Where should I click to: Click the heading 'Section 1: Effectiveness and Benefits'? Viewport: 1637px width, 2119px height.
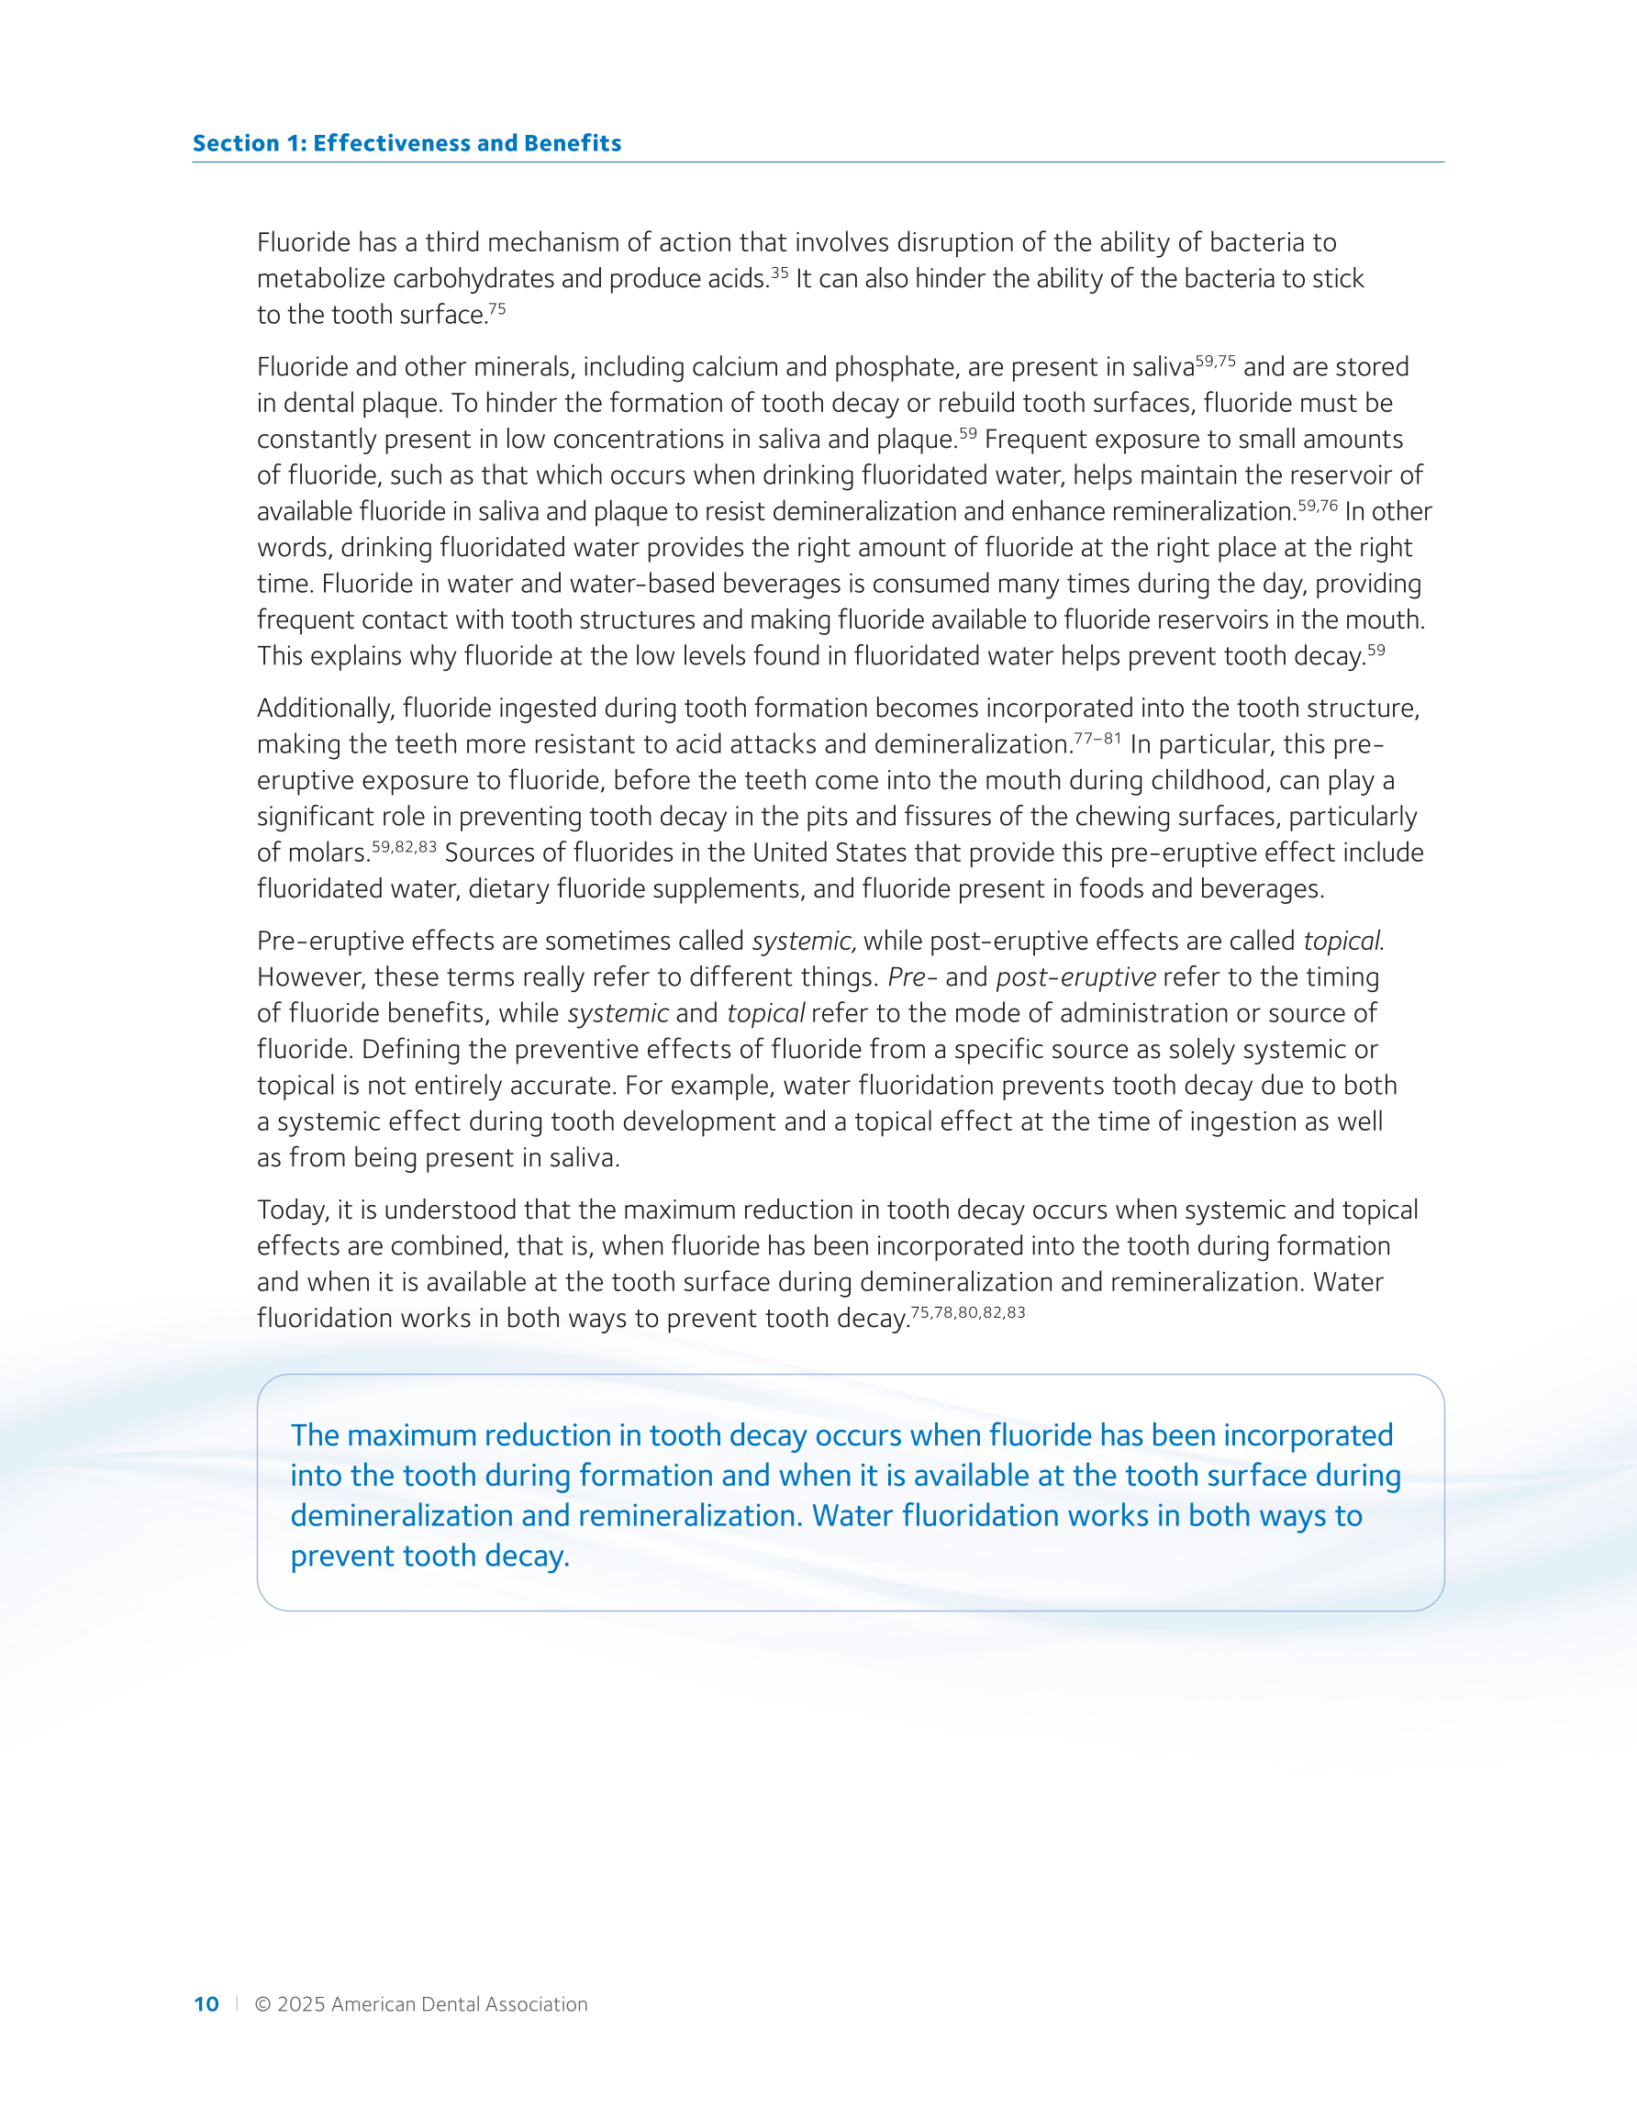406,143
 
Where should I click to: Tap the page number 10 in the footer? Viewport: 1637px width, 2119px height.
206,2004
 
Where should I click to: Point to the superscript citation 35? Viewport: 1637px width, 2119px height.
779,273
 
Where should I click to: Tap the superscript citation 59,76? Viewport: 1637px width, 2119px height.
1318,505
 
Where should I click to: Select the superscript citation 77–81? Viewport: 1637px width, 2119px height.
1097,739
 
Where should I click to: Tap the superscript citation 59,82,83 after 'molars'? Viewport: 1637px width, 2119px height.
405,847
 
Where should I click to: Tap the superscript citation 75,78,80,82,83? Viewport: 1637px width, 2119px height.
967,1312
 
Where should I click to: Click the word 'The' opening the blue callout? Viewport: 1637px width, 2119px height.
315,1436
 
